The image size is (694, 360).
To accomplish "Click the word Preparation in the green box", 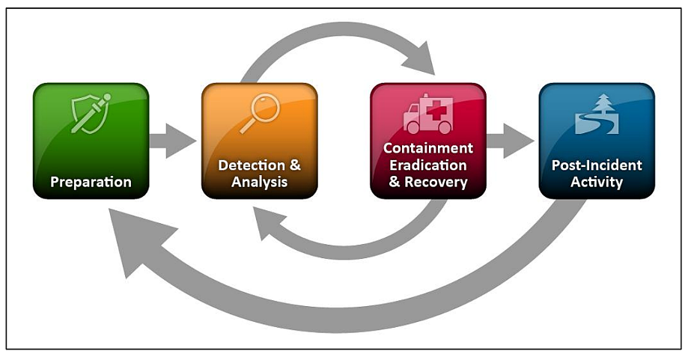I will click(91, 182).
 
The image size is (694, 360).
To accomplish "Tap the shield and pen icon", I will click(91, 113).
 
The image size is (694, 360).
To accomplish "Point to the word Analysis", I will click(259, 182).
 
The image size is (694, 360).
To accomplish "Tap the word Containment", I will click(428, 148).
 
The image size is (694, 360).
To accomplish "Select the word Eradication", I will click(428, 165).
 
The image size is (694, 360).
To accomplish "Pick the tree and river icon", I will click(597, 115).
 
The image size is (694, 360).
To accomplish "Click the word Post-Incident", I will click(597, 165).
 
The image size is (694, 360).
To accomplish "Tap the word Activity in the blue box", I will click(597, 182).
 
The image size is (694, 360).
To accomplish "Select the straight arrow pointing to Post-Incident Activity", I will click(511, 141).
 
